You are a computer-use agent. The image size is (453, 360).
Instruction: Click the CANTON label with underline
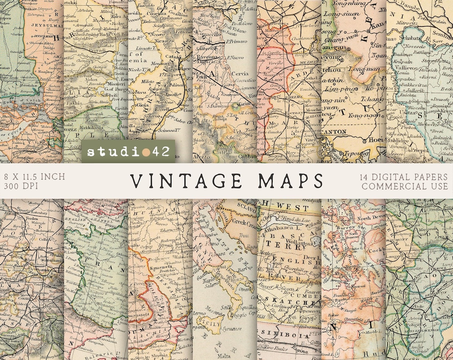(334, 132)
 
